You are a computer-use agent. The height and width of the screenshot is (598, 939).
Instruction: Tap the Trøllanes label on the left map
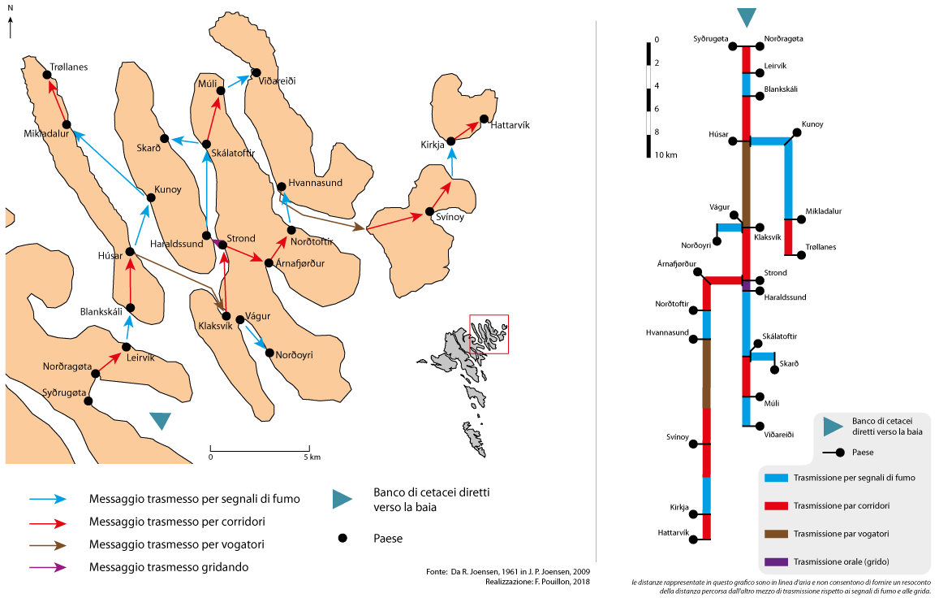pyautogui.click(x=68, y=67)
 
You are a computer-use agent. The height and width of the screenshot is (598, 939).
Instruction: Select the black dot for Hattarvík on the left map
pyautogui.click(x=485, y=119)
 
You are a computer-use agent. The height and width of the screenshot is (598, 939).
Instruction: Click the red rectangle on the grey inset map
pyautogui.click(x=489, y=334)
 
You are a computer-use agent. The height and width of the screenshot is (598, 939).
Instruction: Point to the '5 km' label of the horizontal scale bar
pyautogui.click(x=311, y=457)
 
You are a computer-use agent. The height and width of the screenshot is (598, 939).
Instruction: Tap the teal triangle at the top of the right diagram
pyautogui.click(x=746, y=18)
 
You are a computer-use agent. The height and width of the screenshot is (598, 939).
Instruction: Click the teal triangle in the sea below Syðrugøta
pyautogui.click(x=161, y=420)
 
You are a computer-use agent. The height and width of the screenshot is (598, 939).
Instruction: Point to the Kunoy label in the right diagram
pyautogui.click(x=812, y=124)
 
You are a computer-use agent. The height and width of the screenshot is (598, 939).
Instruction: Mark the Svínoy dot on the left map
pyautogui.click(x=429, y=213)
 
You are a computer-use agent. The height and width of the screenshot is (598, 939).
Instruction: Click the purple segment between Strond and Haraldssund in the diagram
pyautogui.click(x=746, y=284)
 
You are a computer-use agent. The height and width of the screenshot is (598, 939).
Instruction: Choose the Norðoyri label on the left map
pyautogui.click(x=294, y=355)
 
